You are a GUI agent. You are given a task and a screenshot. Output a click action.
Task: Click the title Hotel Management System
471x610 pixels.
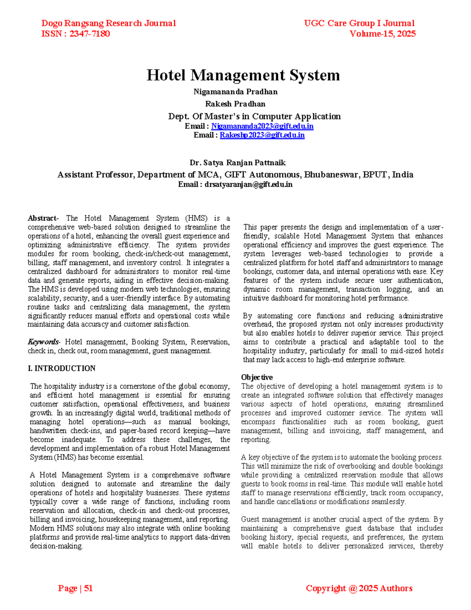tap(243, 75)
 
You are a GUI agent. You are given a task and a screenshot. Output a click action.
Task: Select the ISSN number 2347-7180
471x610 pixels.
tap(89, 34)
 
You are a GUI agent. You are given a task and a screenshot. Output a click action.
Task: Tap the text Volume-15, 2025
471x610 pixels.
tap(382, 34)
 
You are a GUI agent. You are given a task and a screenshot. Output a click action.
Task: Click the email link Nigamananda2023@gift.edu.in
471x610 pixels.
tap(262, 126)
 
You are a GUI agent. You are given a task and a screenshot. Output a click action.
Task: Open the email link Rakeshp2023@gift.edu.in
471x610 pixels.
tap(262, 135)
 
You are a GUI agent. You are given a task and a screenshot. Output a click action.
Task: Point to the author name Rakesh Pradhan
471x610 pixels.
tap(235, 104)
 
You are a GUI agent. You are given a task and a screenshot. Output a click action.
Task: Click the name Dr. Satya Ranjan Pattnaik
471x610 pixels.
tap(237, 163)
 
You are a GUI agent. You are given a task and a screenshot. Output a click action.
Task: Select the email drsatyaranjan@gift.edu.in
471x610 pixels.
tap(248, 185)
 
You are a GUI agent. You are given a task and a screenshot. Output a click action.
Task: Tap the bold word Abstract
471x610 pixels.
tap(42, 218)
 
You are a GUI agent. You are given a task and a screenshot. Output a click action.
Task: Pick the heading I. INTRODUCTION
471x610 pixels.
tap(62, 368)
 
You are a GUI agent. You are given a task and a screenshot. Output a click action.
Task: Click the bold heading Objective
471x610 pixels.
tap(257, 377)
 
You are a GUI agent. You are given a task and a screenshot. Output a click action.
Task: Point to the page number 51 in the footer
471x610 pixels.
tap(88, 588)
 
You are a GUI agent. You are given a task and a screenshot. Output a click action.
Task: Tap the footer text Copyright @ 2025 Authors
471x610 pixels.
tap(359, 588)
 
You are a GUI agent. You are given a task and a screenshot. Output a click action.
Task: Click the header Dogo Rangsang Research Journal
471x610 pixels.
tap(108, 24)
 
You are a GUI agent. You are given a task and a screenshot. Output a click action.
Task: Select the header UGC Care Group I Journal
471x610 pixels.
tap(359, 24)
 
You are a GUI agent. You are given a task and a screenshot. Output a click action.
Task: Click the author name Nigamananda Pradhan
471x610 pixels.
tap(235, 92)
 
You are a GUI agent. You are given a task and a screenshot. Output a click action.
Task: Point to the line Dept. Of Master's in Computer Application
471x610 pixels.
tap(254, 116)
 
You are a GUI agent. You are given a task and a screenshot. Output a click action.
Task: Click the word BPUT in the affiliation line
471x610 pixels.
tap(376, 175)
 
